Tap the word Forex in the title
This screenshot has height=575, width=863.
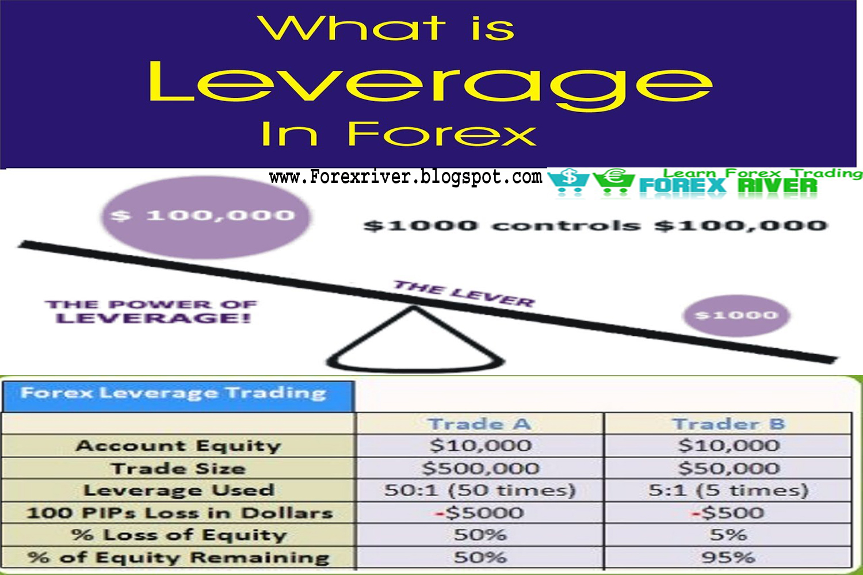click(x=442, y=133)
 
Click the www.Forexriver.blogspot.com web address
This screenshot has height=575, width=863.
click(x=406, y=177)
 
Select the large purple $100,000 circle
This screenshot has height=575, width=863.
click(x=205, y=217)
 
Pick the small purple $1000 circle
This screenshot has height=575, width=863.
click(x=736, y=316)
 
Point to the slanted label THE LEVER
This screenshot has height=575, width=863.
click(x=464, y=294)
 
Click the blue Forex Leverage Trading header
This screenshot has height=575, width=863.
click(x=178, y=396)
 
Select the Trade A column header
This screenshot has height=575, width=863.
click(x=480, y=424)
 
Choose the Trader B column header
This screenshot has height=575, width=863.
click(x=728, y=424)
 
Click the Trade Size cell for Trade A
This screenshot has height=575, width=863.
click(x=480, y=468)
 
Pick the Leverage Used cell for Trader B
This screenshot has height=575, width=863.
click(x=728, y=490)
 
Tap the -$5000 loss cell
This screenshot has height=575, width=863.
click(x=480, y=512)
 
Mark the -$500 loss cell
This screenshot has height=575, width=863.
click(x=728, y=512)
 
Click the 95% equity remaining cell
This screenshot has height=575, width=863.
click(x=728, y=557)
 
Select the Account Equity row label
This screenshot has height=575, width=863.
click(x=178, y=446)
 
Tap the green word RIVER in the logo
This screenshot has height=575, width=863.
click(x=777, y=186)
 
